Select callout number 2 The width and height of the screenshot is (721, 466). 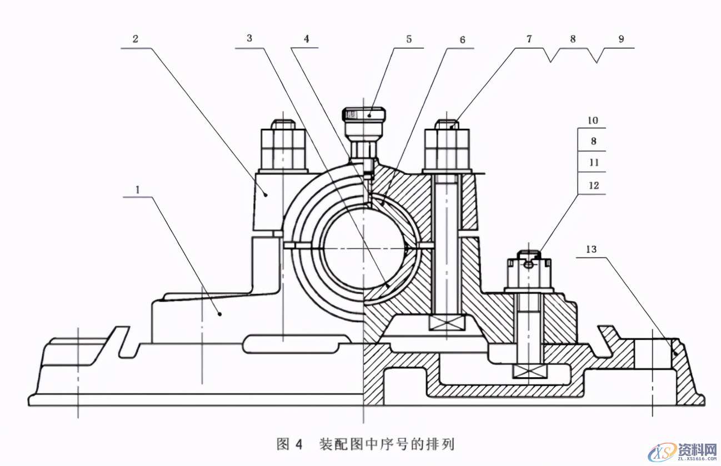135,39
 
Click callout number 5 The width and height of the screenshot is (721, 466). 409,39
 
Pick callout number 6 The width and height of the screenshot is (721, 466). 462,40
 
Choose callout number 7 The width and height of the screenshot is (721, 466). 529,39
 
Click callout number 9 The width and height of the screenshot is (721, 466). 621,39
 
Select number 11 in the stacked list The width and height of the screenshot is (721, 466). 593,163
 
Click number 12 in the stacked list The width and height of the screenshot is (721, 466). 593,185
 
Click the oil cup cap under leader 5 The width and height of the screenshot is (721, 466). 364,114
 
